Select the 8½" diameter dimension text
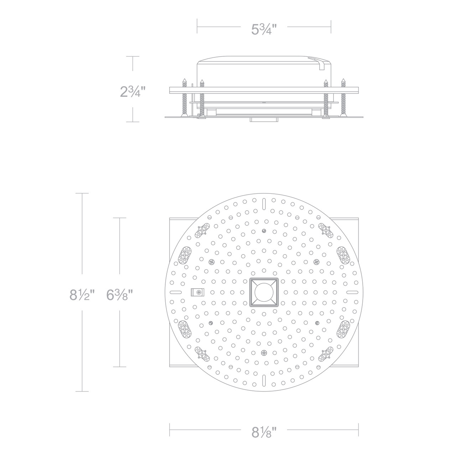[x=82, y=295]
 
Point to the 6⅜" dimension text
[x=119, y=295]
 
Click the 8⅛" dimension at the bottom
[x=264, y=432]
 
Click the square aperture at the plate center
[x=264, y=292]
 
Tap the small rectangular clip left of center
[x=197, y=292]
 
